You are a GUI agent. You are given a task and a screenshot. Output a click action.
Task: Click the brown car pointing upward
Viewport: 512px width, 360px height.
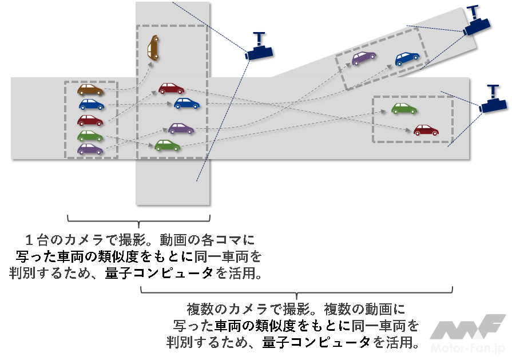pos(153,48)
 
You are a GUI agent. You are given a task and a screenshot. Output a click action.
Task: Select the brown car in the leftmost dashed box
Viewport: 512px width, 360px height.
pos(90,90)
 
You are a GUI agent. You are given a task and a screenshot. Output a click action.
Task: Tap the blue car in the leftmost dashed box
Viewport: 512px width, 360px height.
pos(92,104)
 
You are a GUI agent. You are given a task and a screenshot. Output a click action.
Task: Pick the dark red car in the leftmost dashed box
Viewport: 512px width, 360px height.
pos(90,120)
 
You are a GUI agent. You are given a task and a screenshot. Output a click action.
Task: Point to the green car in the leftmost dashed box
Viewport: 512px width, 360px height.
pos(90,136)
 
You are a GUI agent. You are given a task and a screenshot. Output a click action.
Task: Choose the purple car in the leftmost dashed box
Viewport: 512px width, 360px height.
pos(90,149)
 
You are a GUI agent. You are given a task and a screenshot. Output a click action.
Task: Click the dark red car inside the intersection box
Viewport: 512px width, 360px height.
pos(171,88)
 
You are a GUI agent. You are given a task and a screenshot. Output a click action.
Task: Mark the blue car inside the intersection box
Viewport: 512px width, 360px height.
pos(186,103)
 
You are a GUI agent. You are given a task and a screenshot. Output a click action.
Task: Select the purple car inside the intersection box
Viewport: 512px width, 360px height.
pos(181,129)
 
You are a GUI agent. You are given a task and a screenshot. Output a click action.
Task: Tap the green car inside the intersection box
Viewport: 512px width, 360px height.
pos(167,145)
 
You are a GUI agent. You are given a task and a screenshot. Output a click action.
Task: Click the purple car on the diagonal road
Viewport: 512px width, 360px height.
pos(363,57)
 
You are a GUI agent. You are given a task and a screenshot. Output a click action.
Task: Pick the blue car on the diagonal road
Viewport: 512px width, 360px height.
pos(407,58)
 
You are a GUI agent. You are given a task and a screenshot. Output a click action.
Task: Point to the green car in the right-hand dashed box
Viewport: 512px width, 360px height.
pos(404,108)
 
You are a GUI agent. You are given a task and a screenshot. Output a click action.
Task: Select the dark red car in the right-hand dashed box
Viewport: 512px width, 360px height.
pos(426,130)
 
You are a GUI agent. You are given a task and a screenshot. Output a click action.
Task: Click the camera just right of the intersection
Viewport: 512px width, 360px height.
pos(259,49)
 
